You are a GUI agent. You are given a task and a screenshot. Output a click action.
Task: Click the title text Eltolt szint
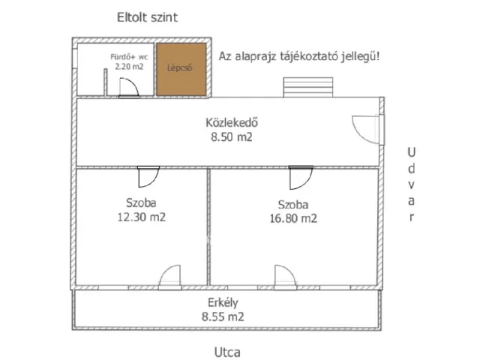tap(148, 17)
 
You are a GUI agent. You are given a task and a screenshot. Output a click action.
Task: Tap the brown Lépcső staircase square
tap(181, 69)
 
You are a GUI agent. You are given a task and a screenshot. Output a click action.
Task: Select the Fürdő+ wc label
tap(127, 56)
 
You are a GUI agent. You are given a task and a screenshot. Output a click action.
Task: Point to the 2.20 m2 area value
tap(128, 67)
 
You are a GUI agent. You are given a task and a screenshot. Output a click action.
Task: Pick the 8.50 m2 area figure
tap(231, 137)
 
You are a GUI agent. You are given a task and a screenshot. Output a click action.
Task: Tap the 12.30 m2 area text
tap(140, 217)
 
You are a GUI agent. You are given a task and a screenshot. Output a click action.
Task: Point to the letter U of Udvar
tap(410, 152)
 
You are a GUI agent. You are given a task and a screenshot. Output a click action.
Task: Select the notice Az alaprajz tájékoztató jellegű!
tap(298, 56)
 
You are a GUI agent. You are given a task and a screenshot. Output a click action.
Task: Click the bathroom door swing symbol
tap(127, 87)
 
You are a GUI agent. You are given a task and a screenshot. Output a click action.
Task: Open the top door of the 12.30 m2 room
tap(147, 177)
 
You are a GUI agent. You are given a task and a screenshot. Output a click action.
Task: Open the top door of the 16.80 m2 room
tap(301, 177)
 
